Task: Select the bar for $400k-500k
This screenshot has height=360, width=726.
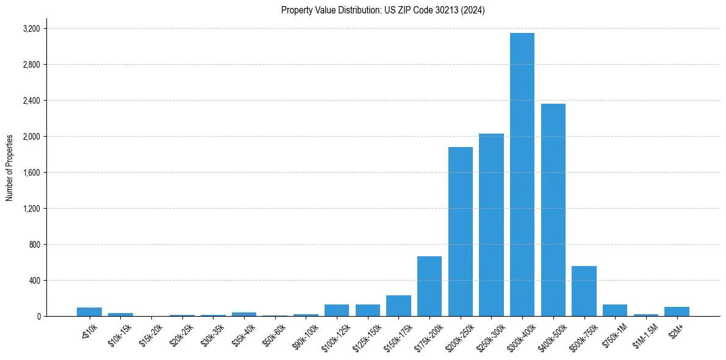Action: tap(553, 210)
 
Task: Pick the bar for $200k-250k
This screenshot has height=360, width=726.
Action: tap(461, 231)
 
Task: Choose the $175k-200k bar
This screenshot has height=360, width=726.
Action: tap(429, 286)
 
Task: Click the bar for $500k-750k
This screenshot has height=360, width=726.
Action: tap(584, 291)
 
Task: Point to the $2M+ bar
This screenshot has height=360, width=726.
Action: tap(677, 312)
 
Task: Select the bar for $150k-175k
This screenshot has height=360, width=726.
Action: tap(398, 306)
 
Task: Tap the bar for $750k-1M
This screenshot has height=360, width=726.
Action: tap(615, 311)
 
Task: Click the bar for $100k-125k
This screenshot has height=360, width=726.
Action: tap(337, 311)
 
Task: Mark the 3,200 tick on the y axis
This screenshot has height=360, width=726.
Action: tap(31, 29)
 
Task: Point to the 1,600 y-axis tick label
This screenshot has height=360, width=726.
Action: tap(31, 173)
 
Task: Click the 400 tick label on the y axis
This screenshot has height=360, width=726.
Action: tap(35, 281)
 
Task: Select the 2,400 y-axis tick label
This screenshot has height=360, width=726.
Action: tap(31, 101)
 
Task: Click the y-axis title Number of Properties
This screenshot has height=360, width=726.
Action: tap(10, 168)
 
